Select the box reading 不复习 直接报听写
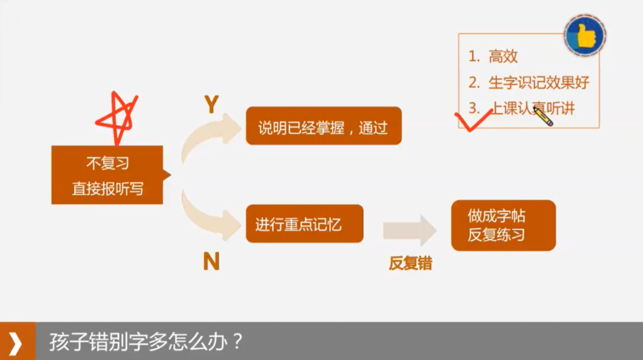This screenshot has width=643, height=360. point(107,175)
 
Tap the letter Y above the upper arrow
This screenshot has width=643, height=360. point(211,105)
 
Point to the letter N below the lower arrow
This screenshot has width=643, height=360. point(211,261)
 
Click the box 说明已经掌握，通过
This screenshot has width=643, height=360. point(323,126)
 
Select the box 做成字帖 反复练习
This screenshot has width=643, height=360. point(503,225)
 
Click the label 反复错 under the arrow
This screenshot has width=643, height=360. point(410,263)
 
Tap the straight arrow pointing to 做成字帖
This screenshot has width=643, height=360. point(410,230)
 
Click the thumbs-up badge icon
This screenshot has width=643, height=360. point(585,35)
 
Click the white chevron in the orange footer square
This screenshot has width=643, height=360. point(17,343)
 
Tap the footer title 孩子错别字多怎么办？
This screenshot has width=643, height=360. point(146,343)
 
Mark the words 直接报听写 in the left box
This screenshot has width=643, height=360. point(107,189)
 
